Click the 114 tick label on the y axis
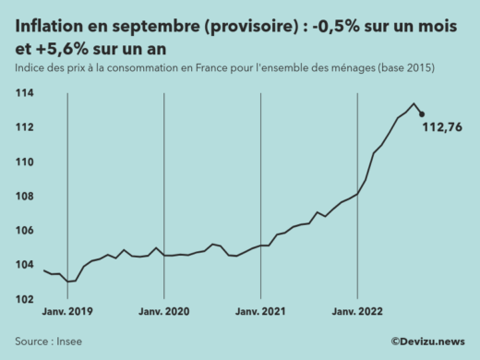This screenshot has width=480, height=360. pos(25,93)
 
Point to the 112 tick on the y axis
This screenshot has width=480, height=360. pos(25,127)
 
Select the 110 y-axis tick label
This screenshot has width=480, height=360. pos(25,162)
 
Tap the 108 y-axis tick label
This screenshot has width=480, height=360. pos(25,196)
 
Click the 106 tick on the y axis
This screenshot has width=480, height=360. pos(25,230)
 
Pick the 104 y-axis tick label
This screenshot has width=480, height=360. pos(25,264)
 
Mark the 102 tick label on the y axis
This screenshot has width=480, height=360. pos(25,298)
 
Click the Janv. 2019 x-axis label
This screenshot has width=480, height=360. pos(69,313)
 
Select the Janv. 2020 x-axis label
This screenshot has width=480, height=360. pos(166,313)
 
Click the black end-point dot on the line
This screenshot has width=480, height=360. pos(422,114)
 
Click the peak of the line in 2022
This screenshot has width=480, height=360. pos(413,103)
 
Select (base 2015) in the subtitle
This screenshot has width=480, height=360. pos(403,69)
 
